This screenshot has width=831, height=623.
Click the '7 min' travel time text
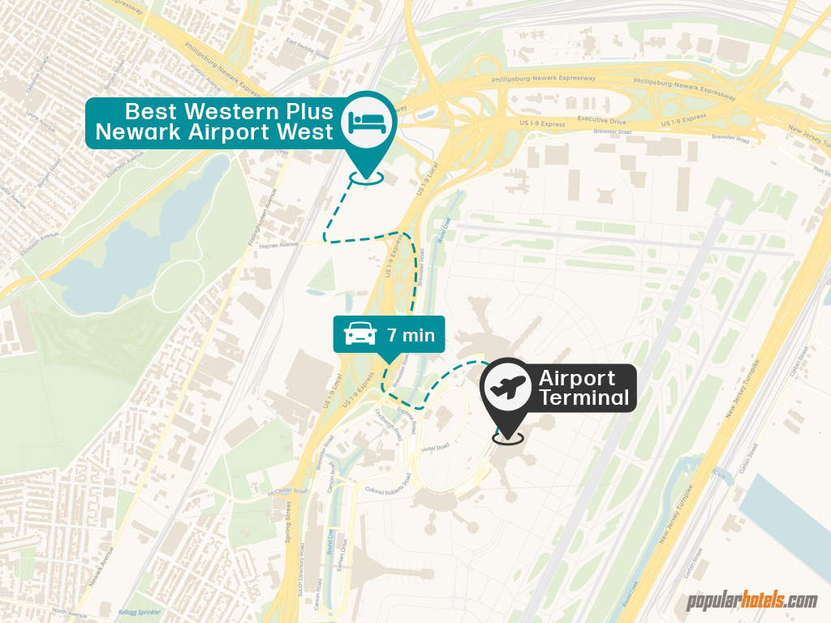pos(411,335)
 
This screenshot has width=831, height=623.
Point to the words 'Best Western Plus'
pos(229,112)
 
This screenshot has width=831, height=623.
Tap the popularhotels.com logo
pos(752,601)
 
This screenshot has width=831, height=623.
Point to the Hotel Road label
pos(435,448)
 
